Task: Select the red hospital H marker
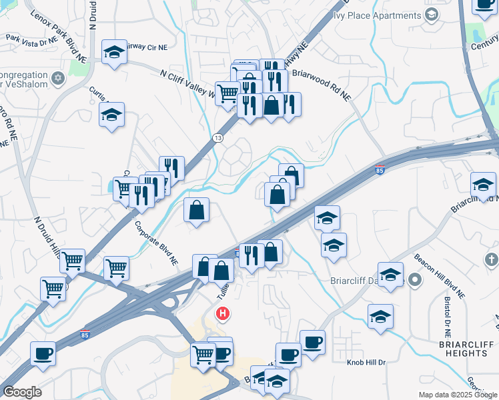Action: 223,313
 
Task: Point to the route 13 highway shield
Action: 217,137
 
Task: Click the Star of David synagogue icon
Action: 58,79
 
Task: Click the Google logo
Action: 22,392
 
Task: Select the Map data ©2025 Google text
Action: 458,395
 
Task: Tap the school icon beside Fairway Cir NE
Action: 114,53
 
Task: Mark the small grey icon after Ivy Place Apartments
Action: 432,15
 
